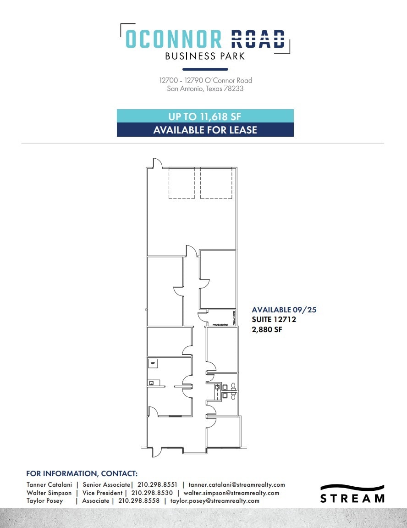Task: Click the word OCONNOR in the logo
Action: (x=173, y=39)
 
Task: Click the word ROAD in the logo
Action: (x=258, y=39)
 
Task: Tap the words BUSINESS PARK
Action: (x=205, y=56)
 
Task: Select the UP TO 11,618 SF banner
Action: (x=205, y=116)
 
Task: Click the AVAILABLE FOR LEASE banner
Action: (x=205, y=130)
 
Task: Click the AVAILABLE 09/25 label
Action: (x=284, y=310)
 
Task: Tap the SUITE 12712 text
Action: (x=274, y=319)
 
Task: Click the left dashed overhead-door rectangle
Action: (x=181, y=183)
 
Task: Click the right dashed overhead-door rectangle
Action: (x=216, y=183)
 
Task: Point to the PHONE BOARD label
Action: (x=220, y=324)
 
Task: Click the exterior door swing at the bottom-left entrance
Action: (x=157, y=451)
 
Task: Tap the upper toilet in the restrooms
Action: (x=233, y=386)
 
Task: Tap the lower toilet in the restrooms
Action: (x=233, y=395)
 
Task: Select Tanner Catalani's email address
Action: (x=236, y=484)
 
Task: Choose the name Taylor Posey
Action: (x=45, y=501)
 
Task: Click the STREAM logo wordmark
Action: (x=352, y=498)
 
